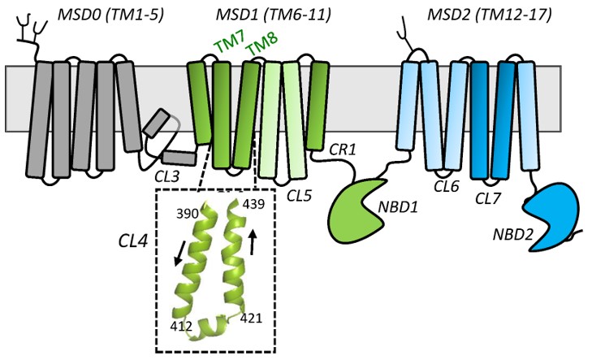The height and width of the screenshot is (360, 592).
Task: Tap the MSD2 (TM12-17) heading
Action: [x=469, y=15]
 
